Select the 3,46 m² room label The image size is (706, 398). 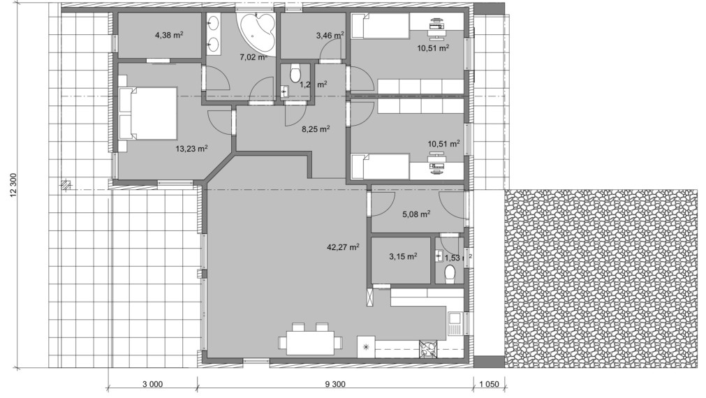click(330, 35)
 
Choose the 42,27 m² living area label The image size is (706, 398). click(343, 246)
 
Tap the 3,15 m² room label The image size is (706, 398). click(402, 256)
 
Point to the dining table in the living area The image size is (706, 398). click(310, 342)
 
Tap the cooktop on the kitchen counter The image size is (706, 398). click(427, 348)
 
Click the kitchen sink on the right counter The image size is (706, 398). click(455, 323)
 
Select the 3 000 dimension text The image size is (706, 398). click(152, 383)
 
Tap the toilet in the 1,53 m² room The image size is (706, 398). click(450, 272)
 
